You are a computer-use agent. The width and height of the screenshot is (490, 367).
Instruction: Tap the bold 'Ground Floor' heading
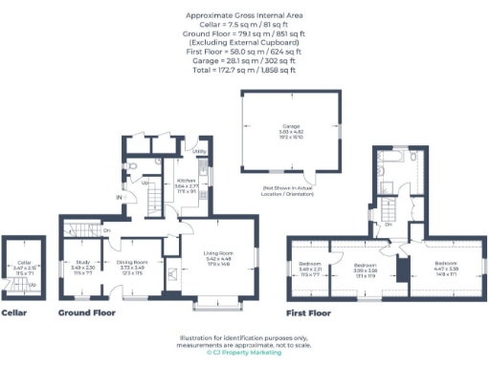pyautogui.click(x=87, y=313)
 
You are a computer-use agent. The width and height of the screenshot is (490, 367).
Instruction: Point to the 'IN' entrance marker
pyautogui.click(x=119, y=197)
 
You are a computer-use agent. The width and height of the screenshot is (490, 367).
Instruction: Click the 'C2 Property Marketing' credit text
pyautogui.click(x=245, y=353)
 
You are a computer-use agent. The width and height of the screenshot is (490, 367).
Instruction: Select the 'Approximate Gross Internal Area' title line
pyautogui.click(x=244, y=16)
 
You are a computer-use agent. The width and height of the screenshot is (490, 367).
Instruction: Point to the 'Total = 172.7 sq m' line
pyautogui.click(x=244, y=70)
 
